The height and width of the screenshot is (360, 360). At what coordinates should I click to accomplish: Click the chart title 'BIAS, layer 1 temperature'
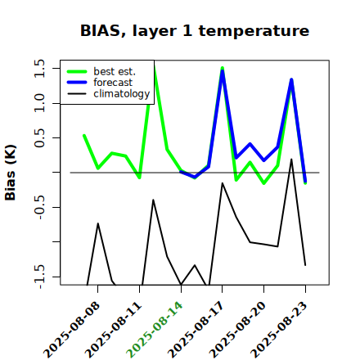point(195,31)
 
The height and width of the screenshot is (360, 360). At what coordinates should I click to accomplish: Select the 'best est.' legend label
point(115,71)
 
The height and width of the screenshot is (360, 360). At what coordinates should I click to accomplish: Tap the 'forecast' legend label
point(113,83)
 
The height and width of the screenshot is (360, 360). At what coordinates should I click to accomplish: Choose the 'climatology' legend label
point(122,94)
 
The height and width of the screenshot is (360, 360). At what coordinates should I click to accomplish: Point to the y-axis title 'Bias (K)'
point(11,173)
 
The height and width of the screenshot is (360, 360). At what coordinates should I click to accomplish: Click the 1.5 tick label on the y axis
point(39,68)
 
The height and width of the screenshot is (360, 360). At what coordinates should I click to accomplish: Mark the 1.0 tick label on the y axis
point(39,103)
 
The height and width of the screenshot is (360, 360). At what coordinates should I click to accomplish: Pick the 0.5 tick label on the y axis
point(39,137)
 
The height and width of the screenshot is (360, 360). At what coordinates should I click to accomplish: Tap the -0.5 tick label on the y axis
point(39,207)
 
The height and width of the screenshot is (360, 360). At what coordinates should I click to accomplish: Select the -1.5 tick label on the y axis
point(39,277)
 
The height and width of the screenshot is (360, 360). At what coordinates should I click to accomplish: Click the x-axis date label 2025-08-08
point(71,330)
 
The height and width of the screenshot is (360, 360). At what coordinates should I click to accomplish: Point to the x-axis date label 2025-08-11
point(113,330)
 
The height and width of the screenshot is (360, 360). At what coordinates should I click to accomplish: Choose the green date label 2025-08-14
point(155,330)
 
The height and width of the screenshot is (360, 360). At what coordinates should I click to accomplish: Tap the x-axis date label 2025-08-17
point(196,330)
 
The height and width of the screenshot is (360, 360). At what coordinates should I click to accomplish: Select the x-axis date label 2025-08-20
point(237,330)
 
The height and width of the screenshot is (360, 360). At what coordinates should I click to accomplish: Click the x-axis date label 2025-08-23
point(279,330)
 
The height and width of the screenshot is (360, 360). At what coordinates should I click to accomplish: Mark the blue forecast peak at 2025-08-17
point(223,71)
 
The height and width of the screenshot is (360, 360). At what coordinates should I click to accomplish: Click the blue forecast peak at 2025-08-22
point(291,79)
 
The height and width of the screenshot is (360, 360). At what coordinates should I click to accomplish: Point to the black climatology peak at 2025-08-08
point(98,223)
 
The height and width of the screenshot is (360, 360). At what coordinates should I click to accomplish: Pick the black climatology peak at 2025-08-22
point(291,160)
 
